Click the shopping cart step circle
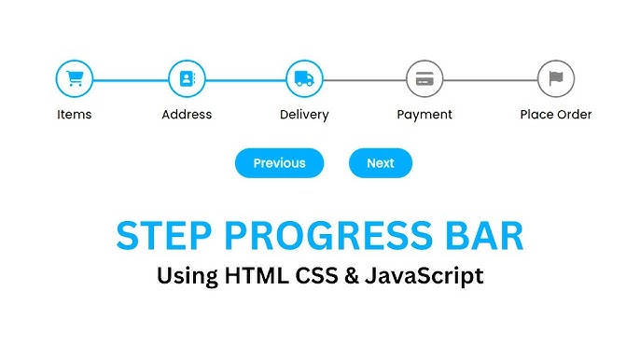pos(75,79)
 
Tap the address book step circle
pos(187,79)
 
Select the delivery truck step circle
pos(304,79)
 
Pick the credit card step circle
pos(424,79)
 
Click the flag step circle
pos(556,79)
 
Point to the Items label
pos(75,115)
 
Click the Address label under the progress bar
pos(187,115)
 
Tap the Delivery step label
pos(304,115)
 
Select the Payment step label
pos(424,115)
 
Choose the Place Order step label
pos(556,115)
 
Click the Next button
pos(381,163)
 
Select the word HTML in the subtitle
pos(252,276)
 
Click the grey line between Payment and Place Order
pos(490,79)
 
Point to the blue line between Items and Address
pos(131,79)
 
